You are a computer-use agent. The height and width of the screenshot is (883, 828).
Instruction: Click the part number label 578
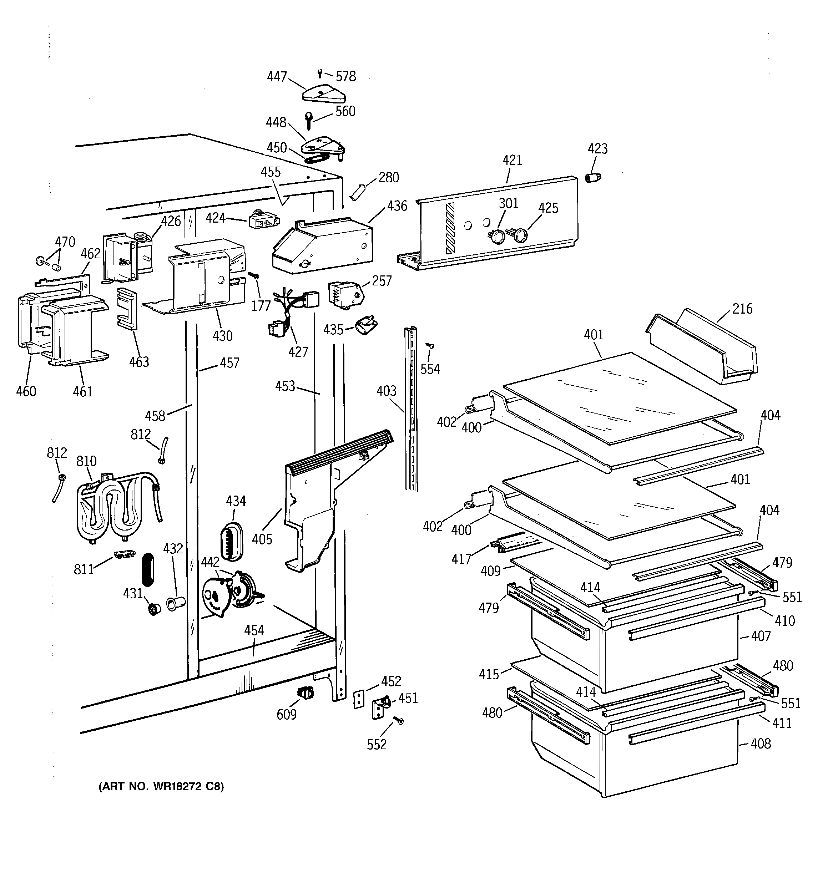tap(345, 77)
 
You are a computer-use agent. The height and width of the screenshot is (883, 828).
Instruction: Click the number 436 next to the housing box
tap(397, 206)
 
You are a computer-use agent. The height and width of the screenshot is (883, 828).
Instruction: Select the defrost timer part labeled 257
tap(344, 293)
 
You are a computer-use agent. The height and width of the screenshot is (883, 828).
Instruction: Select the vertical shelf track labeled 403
tap(412, 408)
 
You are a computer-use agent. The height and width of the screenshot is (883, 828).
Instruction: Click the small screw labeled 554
tap(429, 346)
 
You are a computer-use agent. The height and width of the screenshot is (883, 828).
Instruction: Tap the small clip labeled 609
tap(304, 692)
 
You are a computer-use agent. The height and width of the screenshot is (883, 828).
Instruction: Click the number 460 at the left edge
tap(26, 391)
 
